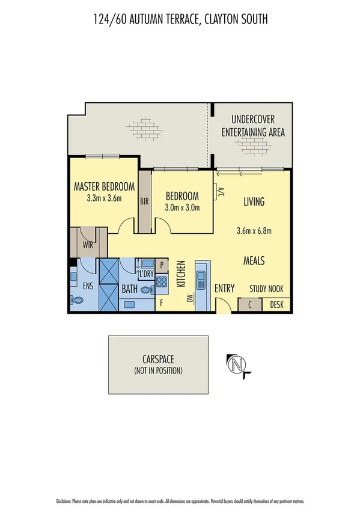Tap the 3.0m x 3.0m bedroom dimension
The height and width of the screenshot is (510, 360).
(182, 207)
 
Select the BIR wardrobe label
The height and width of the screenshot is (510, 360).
(144, 201)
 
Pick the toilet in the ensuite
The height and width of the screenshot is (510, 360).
(76, 300)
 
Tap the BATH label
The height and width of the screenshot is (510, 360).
(129, 289)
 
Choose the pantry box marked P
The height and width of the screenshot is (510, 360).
(162, 264)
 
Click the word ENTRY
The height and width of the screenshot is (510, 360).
(224, 288)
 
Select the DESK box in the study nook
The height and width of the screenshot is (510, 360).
(276, 305)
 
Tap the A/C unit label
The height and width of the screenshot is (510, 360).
(221, 192)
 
